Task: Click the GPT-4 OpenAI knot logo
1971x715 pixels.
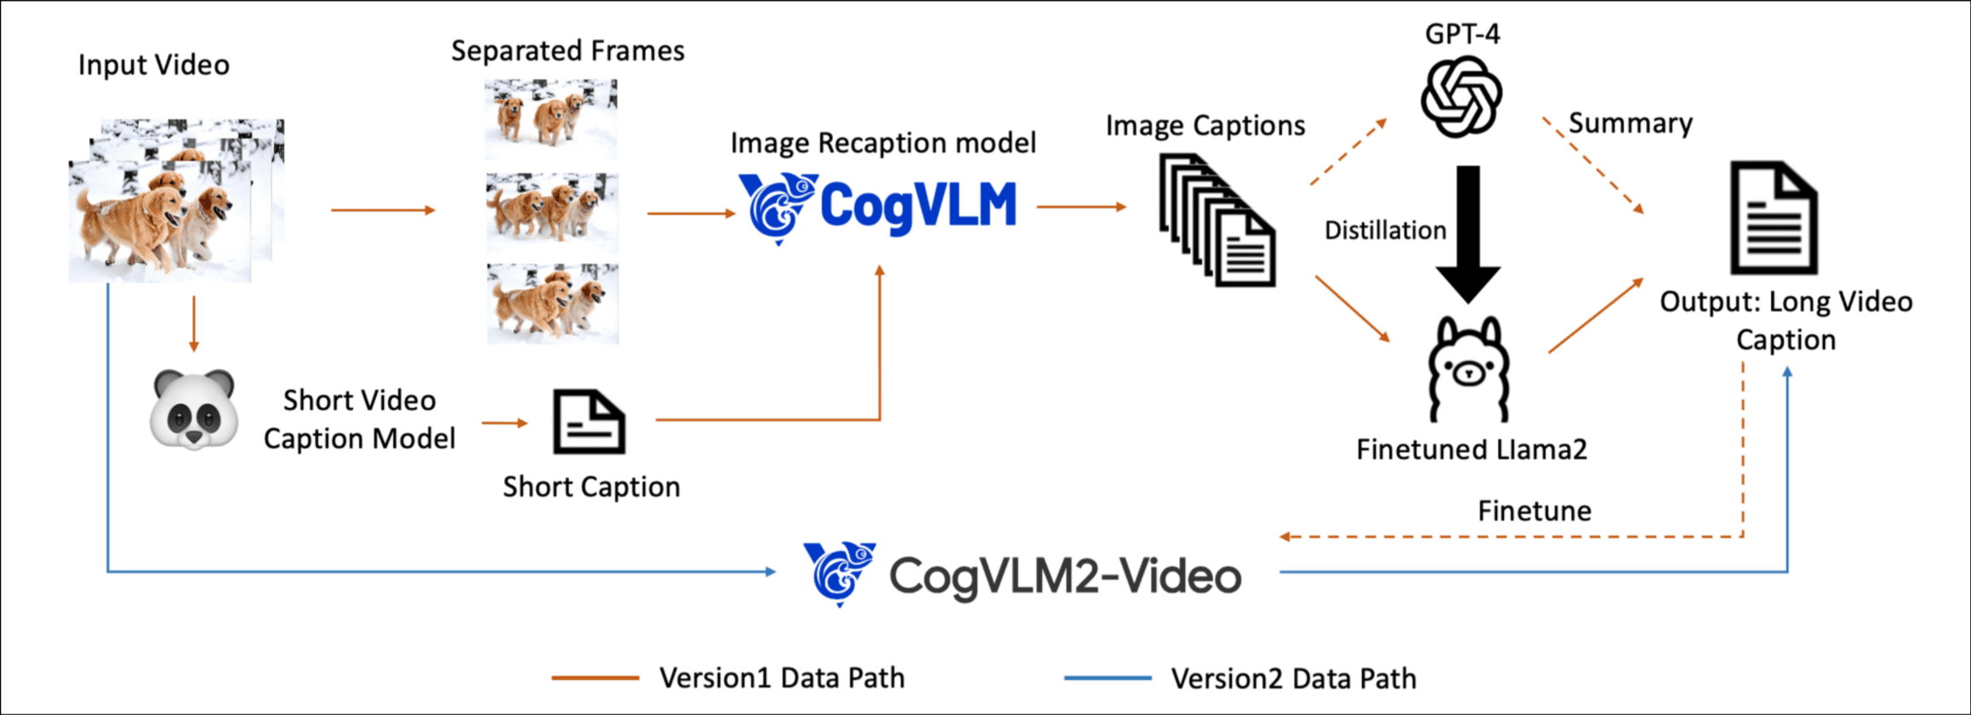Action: tap(1461, 96)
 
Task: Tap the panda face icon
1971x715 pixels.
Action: tap(194, 409)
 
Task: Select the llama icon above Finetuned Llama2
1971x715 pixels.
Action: tap(1469, 370)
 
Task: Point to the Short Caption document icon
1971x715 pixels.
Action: tap(589, 422)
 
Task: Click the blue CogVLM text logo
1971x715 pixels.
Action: tap(918, 207)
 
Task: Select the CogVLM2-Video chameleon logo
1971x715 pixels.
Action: tap(840, 574)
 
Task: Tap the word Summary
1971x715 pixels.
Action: tap(1630, 123)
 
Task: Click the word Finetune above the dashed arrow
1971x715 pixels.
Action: tap(1534, 511)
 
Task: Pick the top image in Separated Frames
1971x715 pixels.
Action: tap(551, 120)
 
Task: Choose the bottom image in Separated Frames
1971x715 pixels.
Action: tap(552, 304)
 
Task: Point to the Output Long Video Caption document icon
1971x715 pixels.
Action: tap(1774, 218)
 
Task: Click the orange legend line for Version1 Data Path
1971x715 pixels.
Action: tap(595, 678)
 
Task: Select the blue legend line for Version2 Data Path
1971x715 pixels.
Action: tap(1108, 678)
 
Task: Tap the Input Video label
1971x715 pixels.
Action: tap(154, 65)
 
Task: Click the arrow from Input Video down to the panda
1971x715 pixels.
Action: tap(194, 323)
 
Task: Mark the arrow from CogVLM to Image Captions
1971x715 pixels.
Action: tap(1081, 207)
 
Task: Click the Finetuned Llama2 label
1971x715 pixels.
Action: tap(1471, 449)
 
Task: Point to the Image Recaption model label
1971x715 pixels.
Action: tap(883, 143)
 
